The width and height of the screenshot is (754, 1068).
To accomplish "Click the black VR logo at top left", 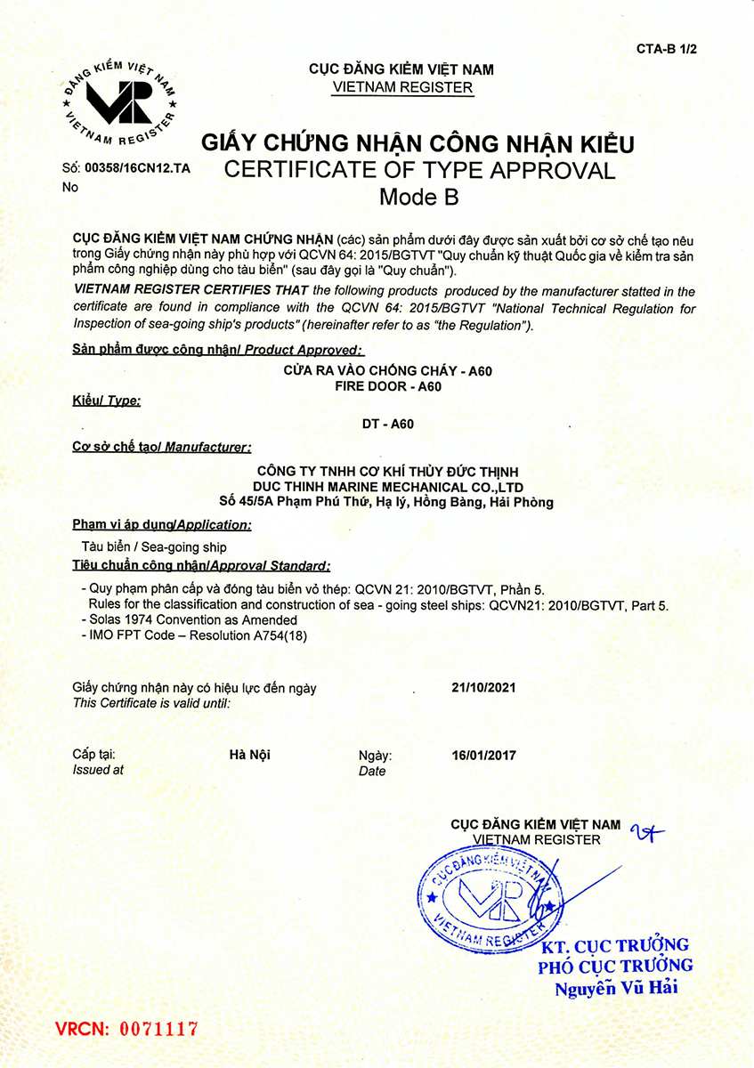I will tap(117, 100).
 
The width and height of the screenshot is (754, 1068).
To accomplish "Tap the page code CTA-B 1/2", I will tap(666, 49).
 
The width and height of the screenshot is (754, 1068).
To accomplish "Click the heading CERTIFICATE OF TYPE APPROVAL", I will tap(419, 170).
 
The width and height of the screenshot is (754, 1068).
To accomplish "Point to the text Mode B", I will tap(418, 198).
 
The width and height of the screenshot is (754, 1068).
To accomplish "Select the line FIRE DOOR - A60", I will tap(387, 386).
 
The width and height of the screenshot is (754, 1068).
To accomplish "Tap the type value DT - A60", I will tap(387, 425).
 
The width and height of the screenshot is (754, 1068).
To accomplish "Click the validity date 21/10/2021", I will tap(484, 687).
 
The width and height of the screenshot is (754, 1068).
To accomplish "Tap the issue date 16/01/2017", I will tap(484, 756).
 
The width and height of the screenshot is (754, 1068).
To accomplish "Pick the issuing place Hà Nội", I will tap(250, 755).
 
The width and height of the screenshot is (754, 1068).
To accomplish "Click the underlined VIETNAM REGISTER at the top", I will tap(401, 87).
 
